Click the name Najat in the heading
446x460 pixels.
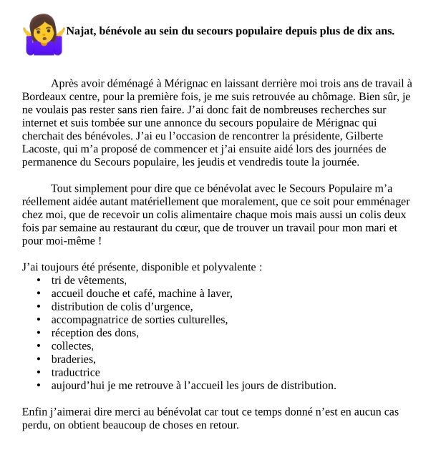coord(81,31)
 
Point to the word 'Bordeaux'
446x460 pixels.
coord(44,97)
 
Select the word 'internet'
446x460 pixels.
coord(41,122)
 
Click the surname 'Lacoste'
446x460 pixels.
coord(42,149)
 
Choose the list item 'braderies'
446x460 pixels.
coord(72,359)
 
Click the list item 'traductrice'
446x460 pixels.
coord(75,372)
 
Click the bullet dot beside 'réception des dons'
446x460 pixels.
coord(38,333)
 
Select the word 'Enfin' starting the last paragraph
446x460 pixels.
coord(35,412)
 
